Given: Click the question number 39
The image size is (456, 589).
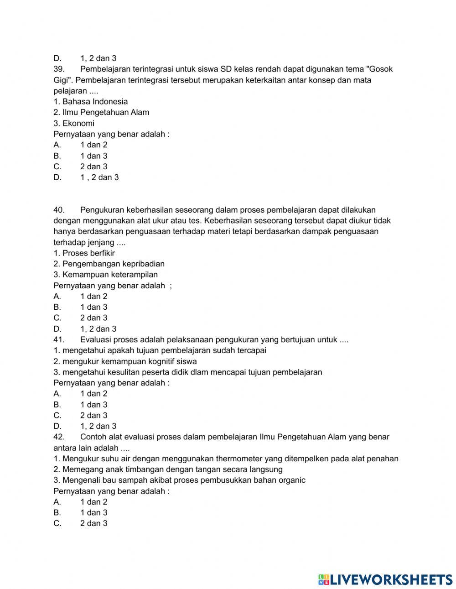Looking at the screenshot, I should tap(59, 69).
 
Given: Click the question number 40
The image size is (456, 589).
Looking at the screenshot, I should tap(59, 210).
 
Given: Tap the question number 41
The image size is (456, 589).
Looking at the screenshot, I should tap(59, 339).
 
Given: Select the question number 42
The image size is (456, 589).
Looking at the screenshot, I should tap(59, 437).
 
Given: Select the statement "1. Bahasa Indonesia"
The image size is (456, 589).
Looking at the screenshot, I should tap(90, 102).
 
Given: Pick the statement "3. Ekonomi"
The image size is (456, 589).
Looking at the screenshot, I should tap(74, 123).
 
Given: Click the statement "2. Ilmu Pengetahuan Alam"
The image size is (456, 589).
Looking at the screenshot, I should tap(101, 112).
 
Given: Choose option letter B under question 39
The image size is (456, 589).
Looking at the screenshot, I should tap(57, 156).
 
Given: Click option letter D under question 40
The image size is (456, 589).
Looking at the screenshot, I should tap(57, 329).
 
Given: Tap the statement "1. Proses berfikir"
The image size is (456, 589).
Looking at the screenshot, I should tap(84, 253).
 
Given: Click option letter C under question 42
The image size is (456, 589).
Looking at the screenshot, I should tap(57, 524).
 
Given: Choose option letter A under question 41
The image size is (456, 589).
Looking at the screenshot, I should tap(57, 394).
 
